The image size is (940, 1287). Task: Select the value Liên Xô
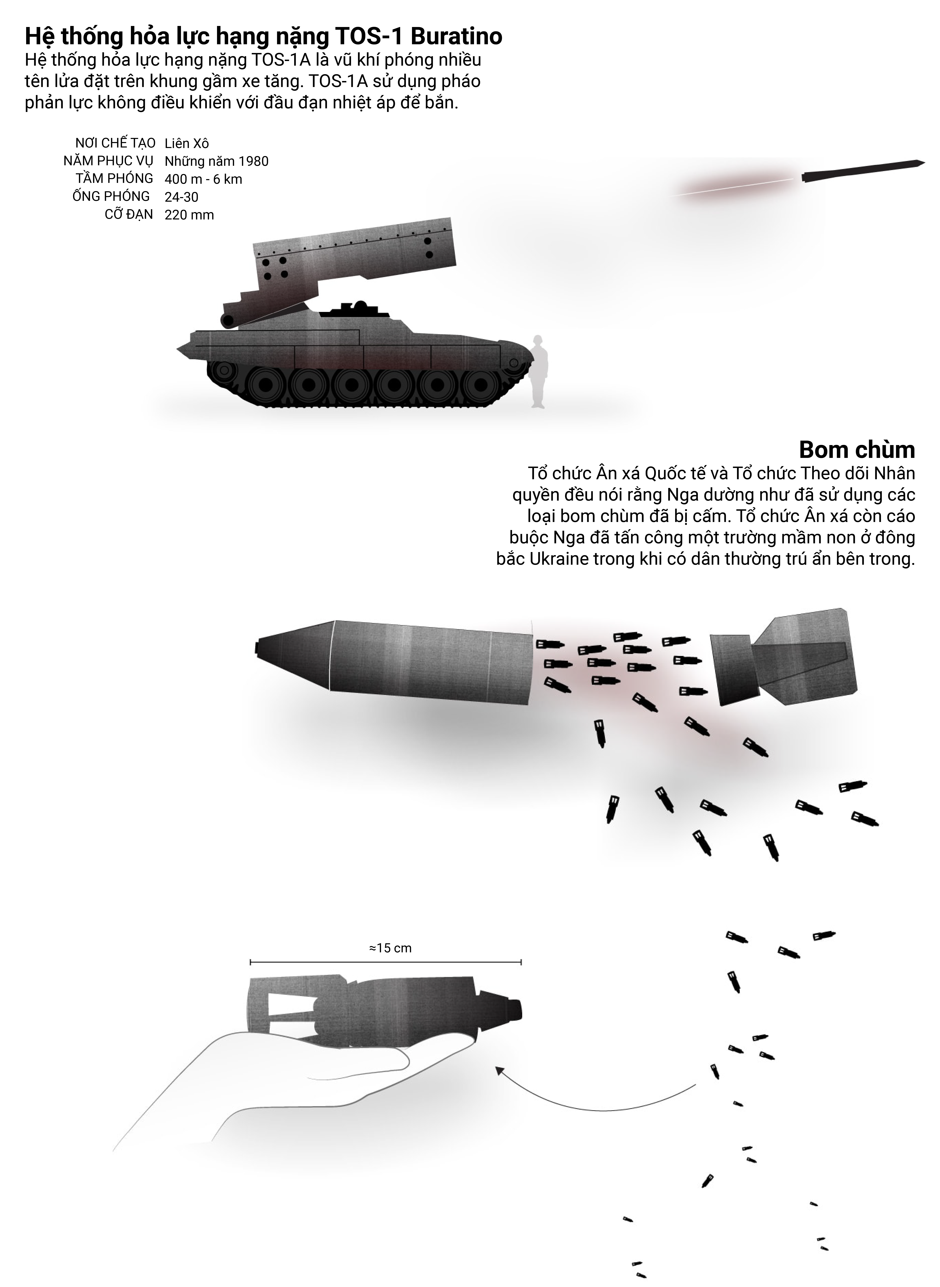[x=187, y=143]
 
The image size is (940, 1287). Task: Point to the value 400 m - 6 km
[x=203, y=179]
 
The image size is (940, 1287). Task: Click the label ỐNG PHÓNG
[x=111, y=196]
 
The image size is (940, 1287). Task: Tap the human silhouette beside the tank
[x=538, y=372]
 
